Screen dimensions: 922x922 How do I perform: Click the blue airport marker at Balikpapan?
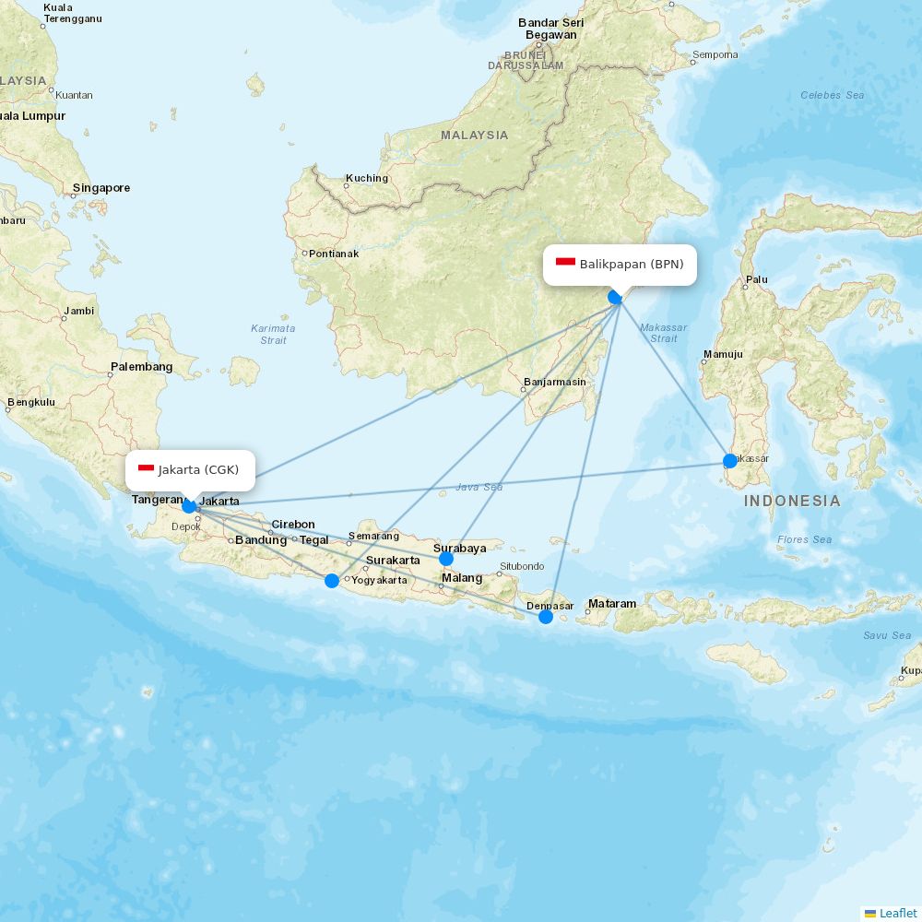(615, 297)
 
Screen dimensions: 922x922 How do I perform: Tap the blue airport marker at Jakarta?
(189, 505)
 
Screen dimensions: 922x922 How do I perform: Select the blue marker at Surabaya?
(446, 559)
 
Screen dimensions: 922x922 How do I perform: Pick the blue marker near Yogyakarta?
(332, 580)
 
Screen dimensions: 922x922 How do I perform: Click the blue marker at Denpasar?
(546, 616)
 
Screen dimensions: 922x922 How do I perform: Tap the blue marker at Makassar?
(730, 460)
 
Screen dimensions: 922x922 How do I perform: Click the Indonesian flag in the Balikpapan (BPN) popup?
(565, 264)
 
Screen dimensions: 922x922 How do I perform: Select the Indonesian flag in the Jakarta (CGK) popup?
(146, 469)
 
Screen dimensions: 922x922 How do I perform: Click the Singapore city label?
(101, 188)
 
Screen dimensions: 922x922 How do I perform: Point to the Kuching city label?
(367, 178)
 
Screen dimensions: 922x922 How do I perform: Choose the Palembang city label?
(141, 367)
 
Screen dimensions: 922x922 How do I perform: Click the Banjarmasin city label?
(554, 382)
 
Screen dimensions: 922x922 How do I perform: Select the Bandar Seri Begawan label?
(550, 29)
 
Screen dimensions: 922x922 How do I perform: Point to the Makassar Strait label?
(663, 333)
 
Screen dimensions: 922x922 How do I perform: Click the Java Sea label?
(479, 487)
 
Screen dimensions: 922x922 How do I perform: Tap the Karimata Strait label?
(273, 334)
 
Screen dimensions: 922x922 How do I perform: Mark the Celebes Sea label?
(832, 95)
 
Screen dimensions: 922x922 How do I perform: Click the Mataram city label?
(612, 604)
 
